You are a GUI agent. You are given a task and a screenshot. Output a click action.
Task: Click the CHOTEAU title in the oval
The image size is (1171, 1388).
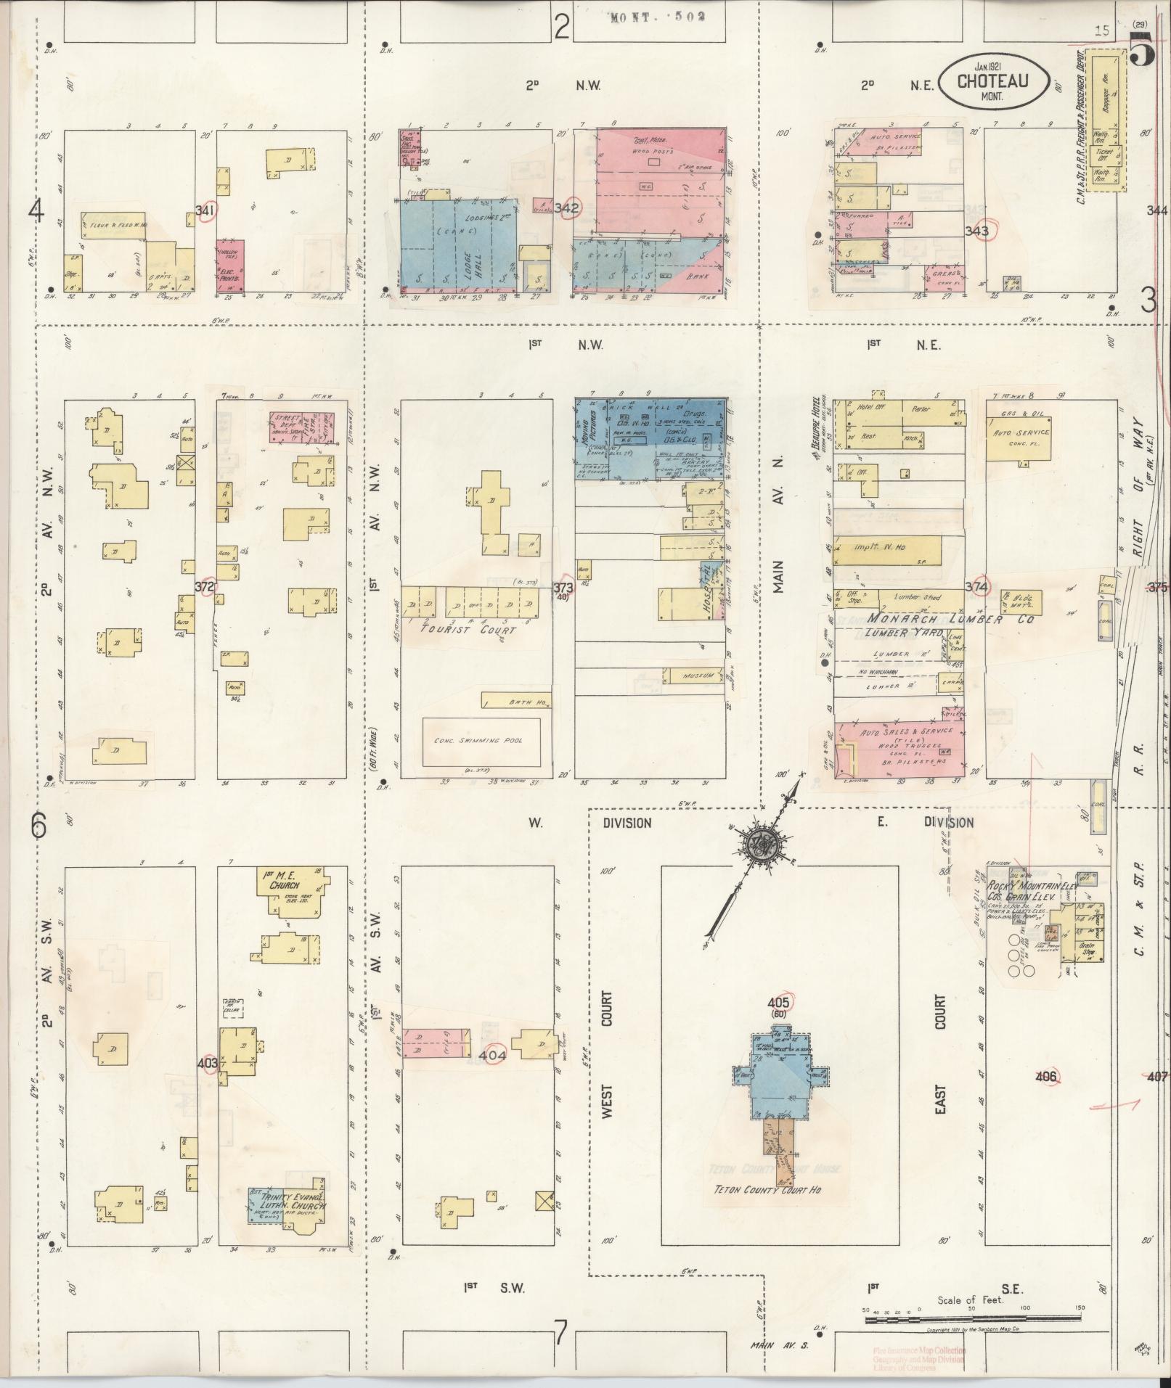992,81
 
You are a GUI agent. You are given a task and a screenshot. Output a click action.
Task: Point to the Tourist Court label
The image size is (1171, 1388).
468,630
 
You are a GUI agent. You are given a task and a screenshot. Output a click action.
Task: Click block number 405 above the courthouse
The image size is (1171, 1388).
778,1003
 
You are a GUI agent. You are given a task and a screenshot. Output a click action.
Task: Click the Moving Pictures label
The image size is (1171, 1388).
594,429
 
